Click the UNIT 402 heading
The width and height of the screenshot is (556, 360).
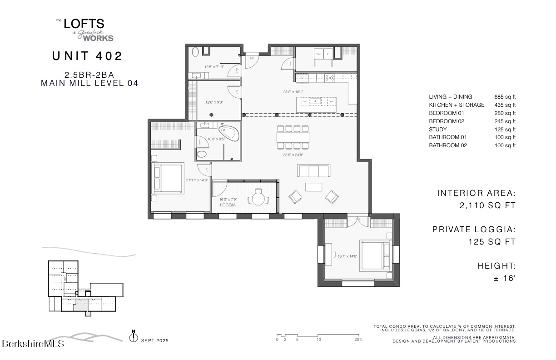[x=87, y=56]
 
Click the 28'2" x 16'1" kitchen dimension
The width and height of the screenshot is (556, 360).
[x=293, y=92]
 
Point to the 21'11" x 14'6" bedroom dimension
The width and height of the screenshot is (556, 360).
[x=197, y=180]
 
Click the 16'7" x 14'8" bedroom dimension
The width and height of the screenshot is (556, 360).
[x=347, y=256]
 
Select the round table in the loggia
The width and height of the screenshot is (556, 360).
[x=258, y=199]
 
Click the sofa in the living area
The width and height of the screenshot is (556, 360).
[x=313, y=171]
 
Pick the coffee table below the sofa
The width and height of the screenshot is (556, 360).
[x=313, y=187]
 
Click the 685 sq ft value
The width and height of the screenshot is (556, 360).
[x=505, y=97]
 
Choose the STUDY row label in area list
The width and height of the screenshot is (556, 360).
[x=438, y=130]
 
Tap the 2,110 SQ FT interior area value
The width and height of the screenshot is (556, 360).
[x=488, y=205]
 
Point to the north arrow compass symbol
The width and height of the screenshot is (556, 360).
[x=134, y=337]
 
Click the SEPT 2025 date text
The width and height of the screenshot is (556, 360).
[x=155, y=340]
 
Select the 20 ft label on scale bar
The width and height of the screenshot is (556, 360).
[x=358, y=340]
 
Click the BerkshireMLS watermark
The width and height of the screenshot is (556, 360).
[x=33, y=344]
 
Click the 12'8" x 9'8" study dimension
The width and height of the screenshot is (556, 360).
[x=213, y=102]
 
